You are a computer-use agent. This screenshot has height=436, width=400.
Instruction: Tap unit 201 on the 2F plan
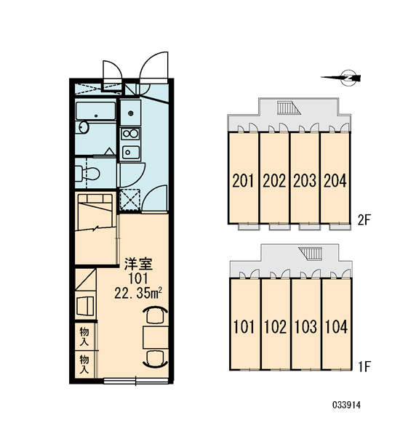tap(244, 178)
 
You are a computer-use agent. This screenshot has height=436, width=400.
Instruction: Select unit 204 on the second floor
tap(335, 178)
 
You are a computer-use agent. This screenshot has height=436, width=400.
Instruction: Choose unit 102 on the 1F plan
tap(275, 324)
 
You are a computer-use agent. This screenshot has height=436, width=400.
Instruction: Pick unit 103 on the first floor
tap(305, 324)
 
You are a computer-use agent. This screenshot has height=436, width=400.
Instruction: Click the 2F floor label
tap(364, 220)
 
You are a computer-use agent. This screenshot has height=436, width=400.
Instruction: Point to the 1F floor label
tap(364, 367)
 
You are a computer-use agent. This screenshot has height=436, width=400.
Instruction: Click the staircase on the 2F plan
tap(289, 108)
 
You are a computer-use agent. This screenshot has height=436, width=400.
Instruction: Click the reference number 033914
tap(346, 405)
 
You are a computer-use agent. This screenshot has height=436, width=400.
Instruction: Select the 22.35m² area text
tap(137, 294)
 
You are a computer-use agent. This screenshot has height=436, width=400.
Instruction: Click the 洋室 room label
tap(138, 265)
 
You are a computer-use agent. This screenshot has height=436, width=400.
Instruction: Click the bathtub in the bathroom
tap(95, 111)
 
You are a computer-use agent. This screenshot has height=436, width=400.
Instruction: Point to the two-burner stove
tap(130, 134)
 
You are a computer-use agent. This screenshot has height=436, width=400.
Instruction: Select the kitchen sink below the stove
tap(130, 152)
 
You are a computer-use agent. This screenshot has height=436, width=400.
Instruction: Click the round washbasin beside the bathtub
tap(82, 127)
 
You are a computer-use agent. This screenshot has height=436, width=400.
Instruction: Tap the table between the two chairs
tap(156, 337)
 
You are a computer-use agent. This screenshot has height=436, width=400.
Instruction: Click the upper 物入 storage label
tap(84, 336)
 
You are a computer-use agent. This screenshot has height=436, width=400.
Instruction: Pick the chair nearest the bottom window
tap(156, 359)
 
